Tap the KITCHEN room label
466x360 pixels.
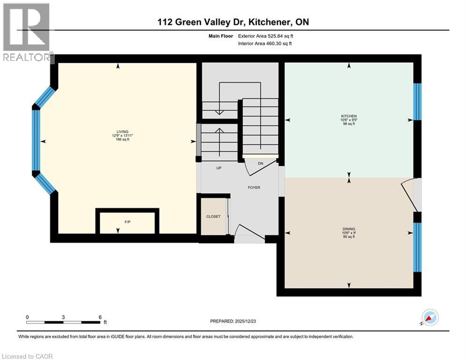point(349,116)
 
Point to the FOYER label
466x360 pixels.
point(254,187)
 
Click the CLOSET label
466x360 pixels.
point(214,217)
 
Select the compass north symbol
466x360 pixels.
point(429,317)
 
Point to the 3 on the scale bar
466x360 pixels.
point(63,317)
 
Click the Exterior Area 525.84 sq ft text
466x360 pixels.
point(266,36)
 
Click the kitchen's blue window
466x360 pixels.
point(417,102)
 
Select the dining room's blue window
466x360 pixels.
point(417,247)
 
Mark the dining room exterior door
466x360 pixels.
point(410,195)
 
